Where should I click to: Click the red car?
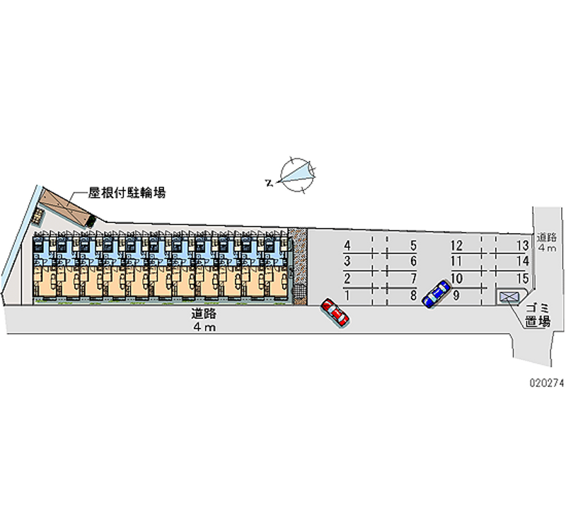click(335, 312)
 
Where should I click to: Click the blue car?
click(436, 293)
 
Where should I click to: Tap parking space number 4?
click(347, 246)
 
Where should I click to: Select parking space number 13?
click(523, 246)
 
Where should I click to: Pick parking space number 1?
click(347, 295)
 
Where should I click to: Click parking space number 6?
click(413, 262)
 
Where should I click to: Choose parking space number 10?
click(457, 278)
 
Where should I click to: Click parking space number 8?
click(413, 295)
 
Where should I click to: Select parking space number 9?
click(457, 295)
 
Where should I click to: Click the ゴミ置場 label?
click(538, 315)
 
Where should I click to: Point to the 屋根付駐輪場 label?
click(127, 192)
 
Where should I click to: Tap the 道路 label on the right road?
click(546, 237)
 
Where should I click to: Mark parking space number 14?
click(523, 262)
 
